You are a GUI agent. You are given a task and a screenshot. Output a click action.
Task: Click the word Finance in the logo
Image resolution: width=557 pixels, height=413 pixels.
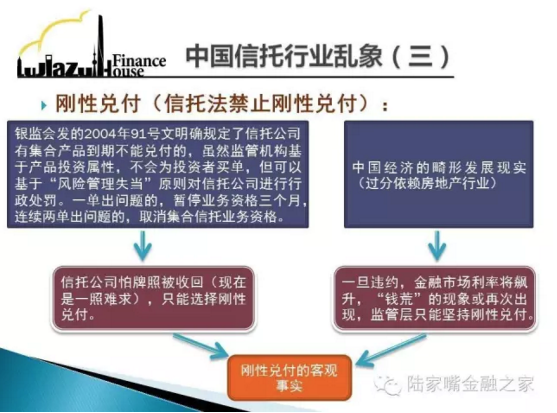point(139,61)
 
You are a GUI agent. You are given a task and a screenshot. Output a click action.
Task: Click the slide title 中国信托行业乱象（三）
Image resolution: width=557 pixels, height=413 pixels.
point(317,57)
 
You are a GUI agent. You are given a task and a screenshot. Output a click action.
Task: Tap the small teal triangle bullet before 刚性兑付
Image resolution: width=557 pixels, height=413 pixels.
point(44,105)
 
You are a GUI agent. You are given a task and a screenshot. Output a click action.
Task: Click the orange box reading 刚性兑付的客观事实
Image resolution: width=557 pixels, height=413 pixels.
point(289,377)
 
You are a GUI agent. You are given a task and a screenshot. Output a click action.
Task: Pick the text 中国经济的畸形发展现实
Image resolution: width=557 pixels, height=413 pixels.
point(439,168)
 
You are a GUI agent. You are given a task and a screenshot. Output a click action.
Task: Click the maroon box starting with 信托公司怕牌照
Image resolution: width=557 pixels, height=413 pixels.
point(154,299)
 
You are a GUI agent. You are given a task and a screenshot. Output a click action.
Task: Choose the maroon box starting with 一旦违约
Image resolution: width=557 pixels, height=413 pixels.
point(435,299)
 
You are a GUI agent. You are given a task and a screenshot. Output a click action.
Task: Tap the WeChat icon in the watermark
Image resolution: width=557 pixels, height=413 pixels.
point(387,384)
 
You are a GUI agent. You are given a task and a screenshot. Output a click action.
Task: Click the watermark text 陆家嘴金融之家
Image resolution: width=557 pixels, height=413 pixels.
point(470,384)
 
